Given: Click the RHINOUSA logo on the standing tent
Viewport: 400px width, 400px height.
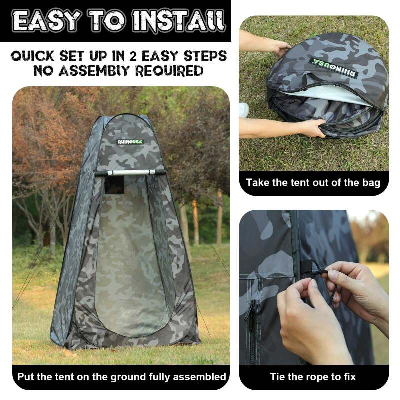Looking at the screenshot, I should click(130, 142).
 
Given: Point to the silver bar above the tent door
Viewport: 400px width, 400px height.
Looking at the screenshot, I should click(131, 172).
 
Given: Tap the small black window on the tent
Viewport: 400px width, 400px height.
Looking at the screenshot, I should click(114, 185).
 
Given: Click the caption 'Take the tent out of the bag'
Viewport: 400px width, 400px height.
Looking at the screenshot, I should click(313, 182).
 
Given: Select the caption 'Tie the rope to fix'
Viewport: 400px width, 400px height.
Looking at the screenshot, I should click(313, 376).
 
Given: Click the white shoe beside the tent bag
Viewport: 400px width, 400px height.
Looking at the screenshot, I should click(244, 110).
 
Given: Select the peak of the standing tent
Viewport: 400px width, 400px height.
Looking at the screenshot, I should click(131, 116).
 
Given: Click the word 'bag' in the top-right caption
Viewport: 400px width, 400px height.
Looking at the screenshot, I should click(370, 182).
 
